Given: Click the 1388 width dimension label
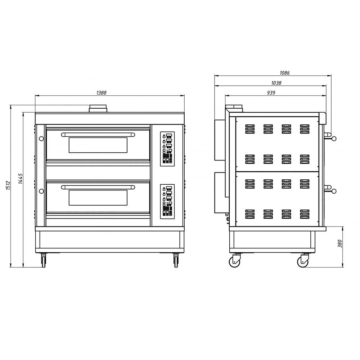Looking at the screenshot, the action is click(101, 93).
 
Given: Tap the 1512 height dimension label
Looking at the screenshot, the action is click(8, 185).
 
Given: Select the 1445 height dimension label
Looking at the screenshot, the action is click(21, 179).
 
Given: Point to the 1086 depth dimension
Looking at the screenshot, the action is click(284, 73).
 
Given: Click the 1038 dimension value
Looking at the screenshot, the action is click(276, 83).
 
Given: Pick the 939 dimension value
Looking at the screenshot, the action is click(271, 93).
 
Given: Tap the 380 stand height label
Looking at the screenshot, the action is click(340, 244).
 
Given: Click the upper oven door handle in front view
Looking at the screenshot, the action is click(98, 135).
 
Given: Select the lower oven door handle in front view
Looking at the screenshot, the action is click(98, 187).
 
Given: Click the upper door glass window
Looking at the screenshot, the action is click(98, 145).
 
